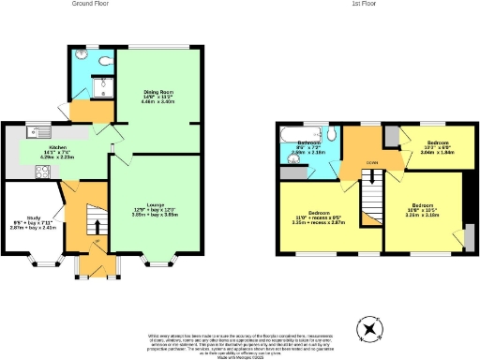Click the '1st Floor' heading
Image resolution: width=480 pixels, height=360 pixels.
[365, 4]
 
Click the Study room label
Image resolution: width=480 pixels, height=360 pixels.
[30, 223]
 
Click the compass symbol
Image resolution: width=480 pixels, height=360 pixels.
[370, 328]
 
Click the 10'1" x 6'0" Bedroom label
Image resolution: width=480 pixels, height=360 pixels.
[438, 148]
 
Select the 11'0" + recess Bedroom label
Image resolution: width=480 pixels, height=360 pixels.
[308, 217]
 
